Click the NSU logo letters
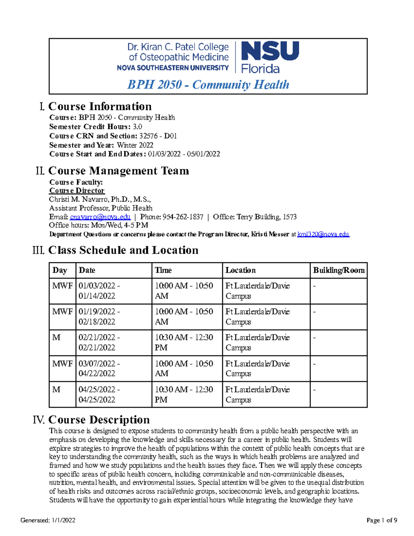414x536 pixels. click(270, 51)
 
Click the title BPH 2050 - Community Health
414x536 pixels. click(208, 85)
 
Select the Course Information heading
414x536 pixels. click(100, 106)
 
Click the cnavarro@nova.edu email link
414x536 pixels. click(100, 217)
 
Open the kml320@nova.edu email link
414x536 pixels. click(323, 234)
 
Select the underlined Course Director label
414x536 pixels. click(77, 191)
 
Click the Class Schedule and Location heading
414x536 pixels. click(123, 250)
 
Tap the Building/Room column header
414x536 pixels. click(338, 270)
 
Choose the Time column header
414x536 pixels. click(163, 270)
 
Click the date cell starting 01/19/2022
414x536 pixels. click(99, 316)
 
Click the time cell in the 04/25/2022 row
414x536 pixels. click(184, 394)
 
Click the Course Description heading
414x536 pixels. click(99, 420)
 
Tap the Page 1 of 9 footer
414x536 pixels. click(382, 520)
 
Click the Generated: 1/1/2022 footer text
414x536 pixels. click(48, 520)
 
